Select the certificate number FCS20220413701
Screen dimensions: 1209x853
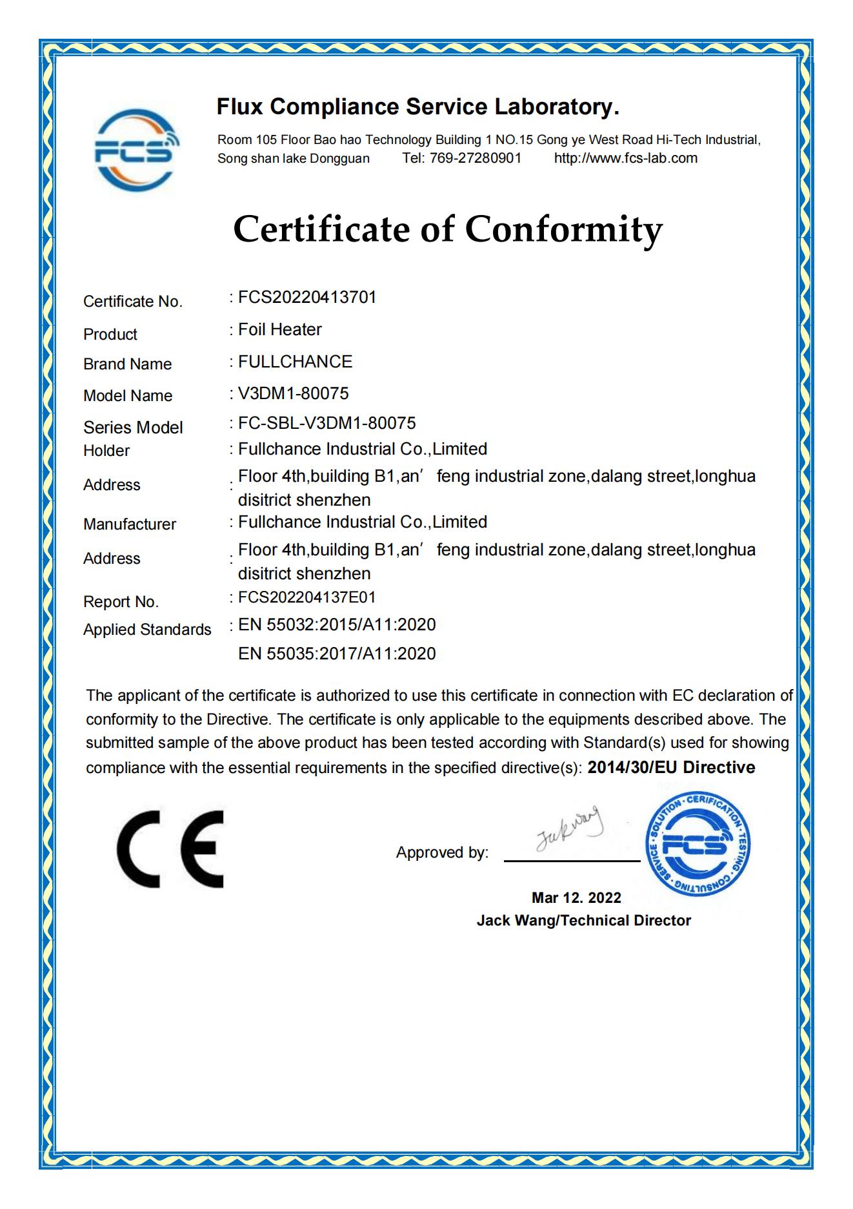click(307, 298)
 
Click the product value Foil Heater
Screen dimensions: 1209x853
click(279, 330)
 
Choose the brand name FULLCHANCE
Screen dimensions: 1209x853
click(295, 362)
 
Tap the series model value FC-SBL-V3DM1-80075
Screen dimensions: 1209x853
click(326, 423)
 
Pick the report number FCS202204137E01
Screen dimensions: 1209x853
click(306, 597)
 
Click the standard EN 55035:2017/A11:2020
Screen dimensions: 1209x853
click(337, 654)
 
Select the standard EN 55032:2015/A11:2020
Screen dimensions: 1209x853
click(337, 625)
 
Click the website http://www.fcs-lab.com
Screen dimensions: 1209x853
click(625, 158)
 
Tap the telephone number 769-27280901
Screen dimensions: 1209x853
click(475, 158)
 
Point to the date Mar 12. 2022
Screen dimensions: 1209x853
click(576, 898)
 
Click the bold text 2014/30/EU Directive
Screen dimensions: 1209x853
click(671, 767)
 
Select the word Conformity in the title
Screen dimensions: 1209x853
click(563, 229)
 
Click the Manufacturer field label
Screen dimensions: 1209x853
click(130, 524)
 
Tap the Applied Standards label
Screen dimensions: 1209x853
click(147, 630)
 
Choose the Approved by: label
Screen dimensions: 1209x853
click(442, 852)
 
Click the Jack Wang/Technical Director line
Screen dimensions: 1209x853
click(583, 920)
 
